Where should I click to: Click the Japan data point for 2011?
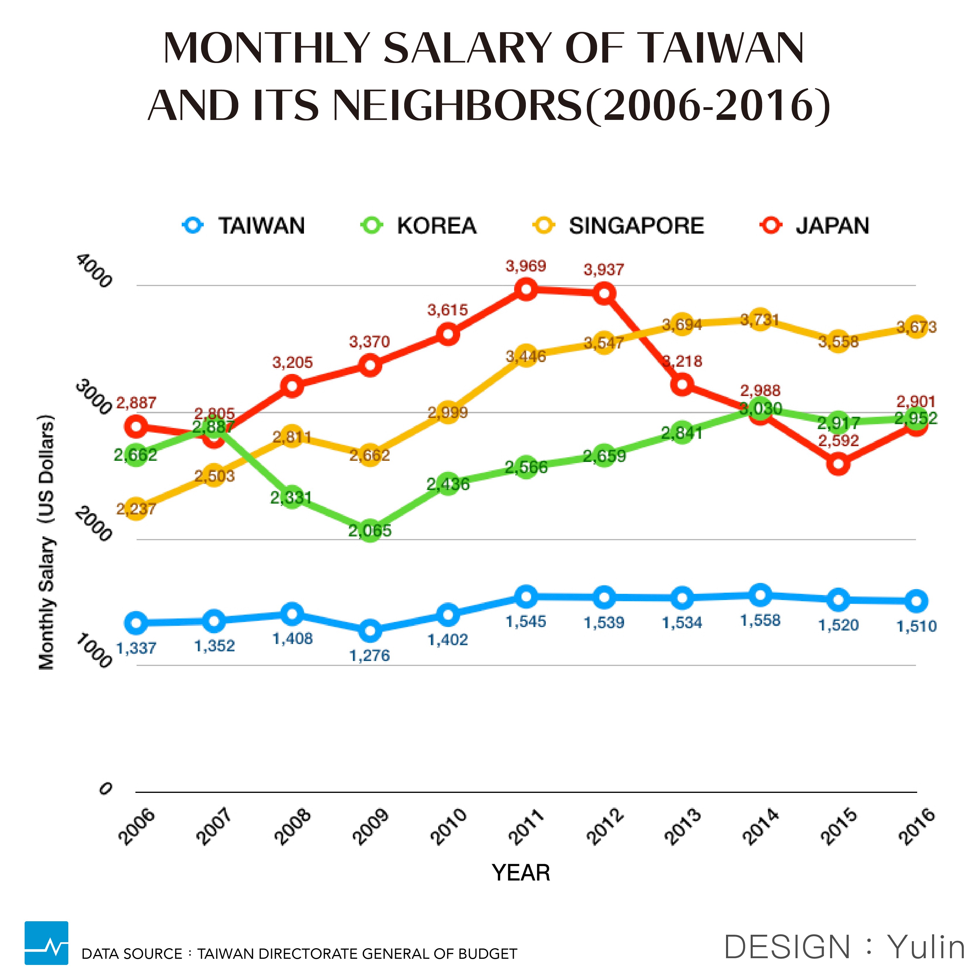pos(526,289)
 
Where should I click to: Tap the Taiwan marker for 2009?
pos(370,630)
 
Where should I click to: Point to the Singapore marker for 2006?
pos(136,509)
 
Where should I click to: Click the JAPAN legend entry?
pos(815,225)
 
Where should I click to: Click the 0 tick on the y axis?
pos(105,789)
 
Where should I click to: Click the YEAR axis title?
pos(521,873)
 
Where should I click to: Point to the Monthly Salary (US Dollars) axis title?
pos(47,542)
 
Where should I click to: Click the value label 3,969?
pos(526,266)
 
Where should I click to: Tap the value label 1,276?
pos(370,656)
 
